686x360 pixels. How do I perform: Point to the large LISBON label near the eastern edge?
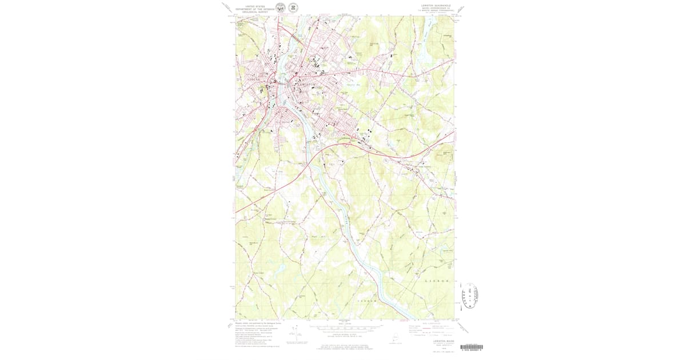click(440, 282)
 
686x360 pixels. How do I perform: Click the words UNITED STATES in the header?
click(255, 5)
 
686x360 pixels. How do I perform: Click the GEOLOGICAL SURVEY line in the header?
click(255, 11)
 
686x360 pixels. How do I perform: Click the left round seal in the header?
click(280, 8)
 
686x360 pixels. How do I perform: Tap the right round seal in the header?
click(293, 8)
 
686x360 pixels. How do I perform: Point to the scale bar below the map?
click(344, 328)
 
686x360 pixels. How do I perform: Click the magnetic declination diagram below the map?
click(295, 331)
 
